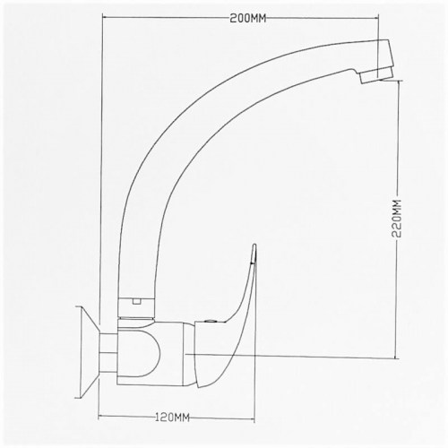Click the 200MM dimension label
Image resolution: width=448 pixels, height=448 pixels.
tap(247, 19)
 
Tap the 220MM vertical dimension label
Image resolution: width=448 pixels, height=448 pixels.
tap(397, 219)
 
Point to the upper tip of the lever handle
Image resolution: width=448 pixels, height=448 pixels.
tap(254, 245)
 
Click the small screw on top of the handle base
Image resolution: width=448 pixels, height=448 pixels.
tap(211, 322)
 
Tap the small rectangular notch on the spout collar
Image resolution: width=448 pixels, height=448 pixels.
tap(137, 302)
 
